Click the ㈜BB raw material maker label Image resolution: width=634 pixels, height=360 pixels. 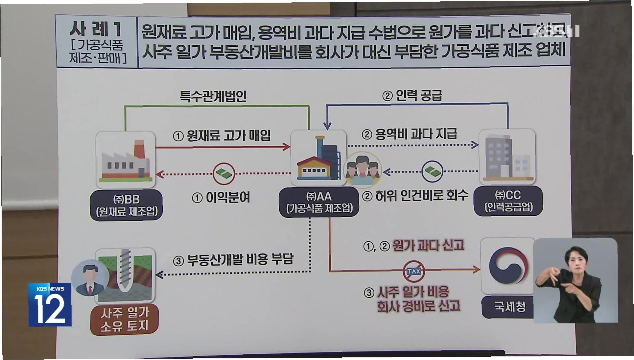127,205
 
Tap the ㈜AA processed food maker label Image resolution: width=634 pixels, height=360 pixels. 319,202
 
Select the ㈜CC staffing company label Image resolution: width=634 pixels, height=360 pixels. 508,201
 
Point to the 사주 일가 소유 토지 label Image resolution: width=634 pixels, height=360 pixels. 125,319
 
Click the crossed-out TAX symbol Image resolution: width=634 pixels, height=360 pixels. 413,271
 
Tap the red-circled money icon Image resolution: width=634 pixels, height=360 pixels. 224,173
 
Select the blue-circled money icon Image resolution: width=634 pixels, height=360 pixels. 432,171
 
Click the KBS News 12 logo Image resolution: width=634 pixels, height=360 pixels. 50,305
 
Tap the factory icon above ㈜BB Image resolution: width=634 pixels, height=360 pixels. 126,160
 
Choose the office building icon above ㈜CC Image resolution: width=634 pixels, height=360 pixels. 507,157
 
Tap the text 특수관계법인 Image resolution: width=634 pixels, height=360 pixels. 213,96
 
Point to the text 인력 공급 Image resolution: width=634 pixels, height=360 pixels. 418,95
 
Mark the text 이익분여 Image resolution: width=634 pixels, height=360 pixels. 227,197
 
